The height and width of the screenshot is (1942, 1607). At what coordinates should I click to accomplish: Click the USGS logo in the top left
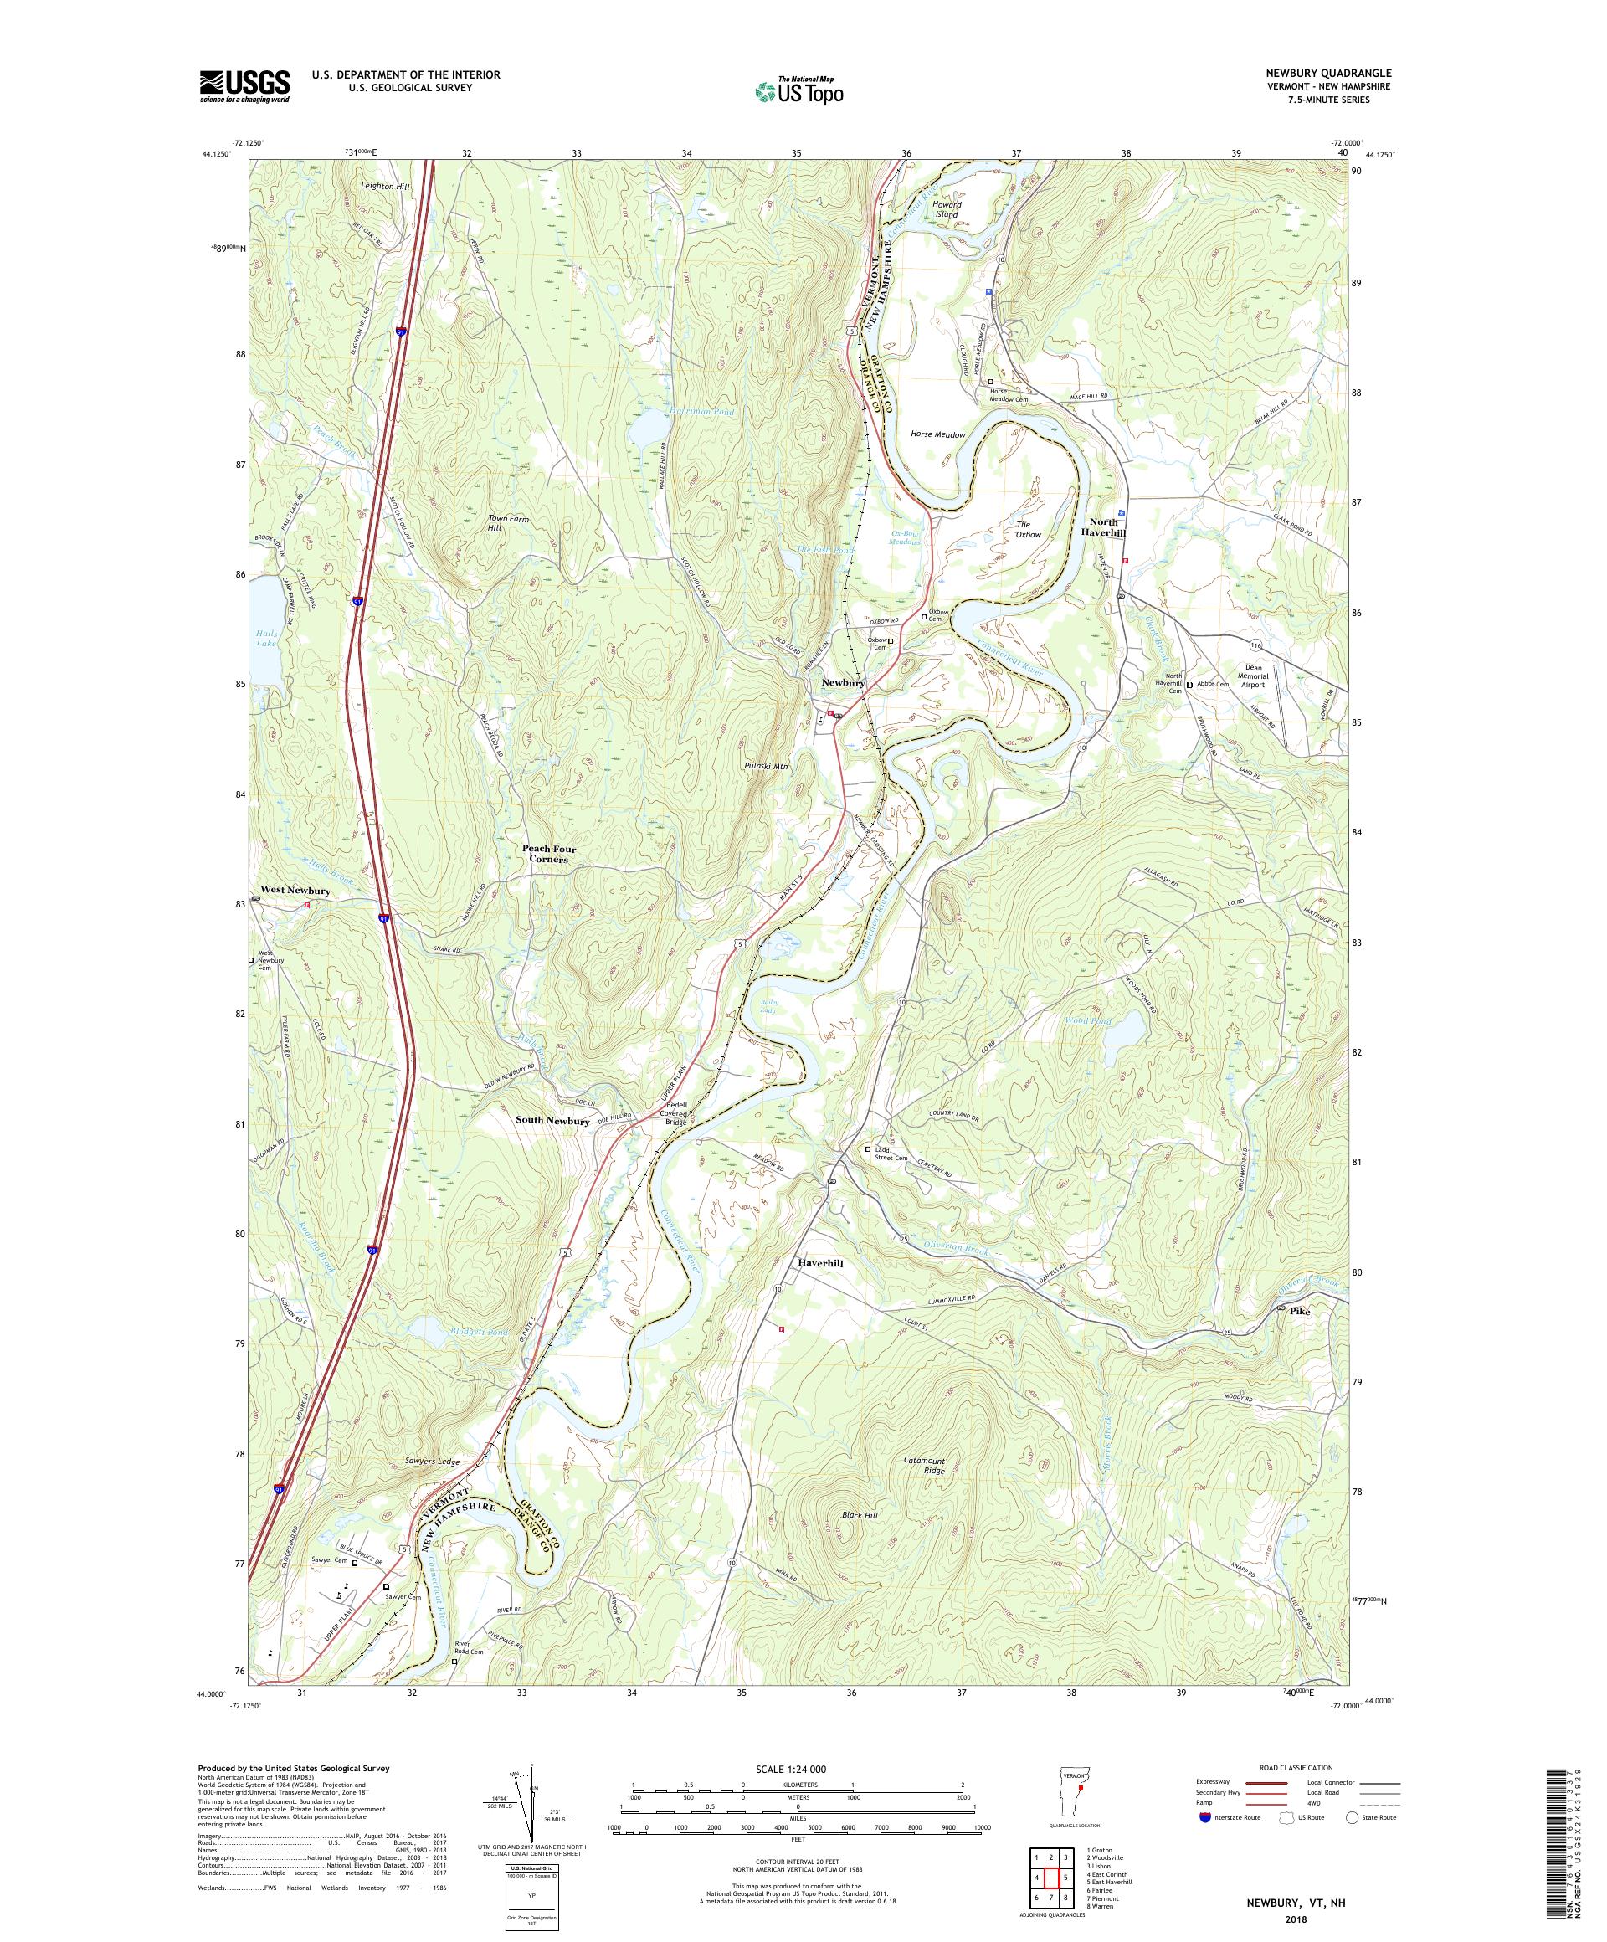pos(245,87)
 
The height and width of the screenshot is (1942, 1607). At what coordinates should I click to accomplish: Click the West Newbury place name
pos(295,891)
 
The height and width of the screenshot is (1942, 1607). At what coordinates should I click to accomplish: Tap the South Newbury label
pos(552,1121)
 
